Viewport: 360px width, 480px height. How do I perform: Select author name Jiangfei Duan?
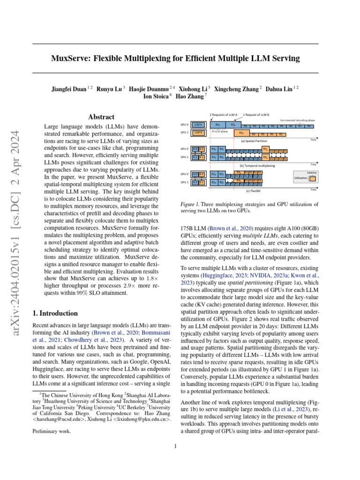click(70, 89)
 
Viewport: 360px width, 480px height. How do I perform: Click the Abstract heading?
click(102, 117)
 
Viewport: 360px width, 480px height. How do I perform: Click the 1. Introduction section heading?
click(53, 313)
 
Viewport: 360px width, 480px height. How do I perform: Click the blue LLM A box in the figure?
click(198, 125)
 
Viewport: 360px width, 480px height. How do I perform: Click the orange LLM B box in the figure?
click(198, 133)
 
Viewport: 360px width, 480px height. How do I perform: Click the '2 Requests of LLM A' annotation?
click(223, 114)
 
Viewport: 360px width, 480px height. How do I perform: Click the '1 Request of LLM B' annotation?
click(256, 114)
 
